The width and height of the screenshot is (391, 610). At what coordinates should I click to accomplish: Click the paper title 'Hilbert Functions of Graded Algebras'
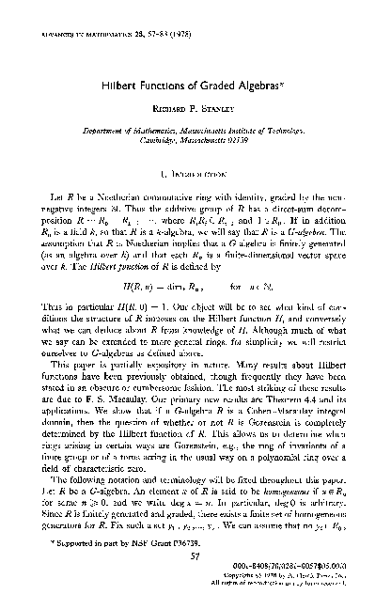195,84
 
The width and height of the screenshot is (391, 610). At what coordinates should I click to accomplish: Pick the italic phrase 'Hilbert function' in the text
147,255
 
